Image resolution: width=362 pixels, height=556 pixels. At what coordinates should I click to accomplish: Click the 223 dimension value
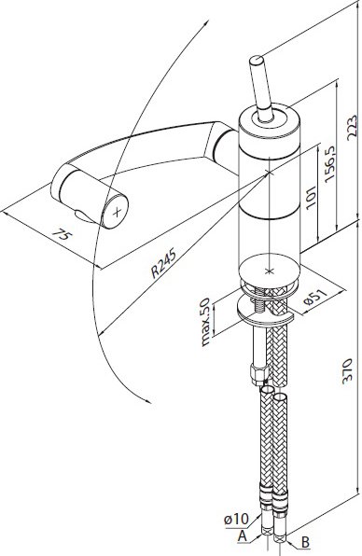[x=351, y=127]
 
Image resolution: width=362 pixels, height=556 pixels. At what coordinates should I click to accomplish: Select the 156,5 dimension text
[x=329, y=164]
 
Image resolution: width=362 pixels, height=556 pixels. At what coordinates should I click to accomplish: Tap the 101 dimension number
[x=311, y=197]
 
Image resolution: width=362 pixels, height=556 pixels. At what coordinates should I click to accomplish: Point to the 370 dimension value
[x=348, y=370]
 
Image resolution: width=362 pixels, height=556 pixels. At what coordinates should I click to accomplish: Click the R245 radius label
[x=163, y=263]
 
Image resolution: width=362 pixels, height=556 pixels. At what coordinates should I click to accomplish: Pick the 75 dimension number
[x=62, y=234]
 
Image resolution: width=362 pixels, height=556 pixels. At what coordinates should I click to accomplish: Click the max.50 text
[x=205, y=321]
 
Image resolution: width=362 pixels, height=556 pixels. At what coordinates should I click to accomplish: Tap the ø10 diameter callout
[x=236, y=520]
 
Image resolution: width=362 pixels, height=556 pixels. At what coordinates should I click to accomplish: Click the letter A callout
[x=243, y=536]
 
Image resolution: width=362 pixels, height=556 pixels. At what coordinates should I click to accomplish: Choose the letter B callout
[x=305, y=542]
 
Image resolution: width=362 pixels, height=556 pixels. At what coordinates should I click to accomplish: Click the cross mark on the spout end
[x=117, y=212]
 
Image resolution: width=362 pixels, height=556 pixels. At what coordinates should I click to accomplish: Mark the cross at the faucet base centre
[x=269, y=271]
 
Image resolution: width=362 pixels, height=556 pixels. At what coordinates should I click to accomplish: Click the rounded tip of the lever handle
[x=256, y=60]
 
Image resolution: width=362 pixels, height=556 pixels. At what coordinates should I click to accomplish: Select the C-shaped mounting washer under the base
[x=265, y=312]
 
